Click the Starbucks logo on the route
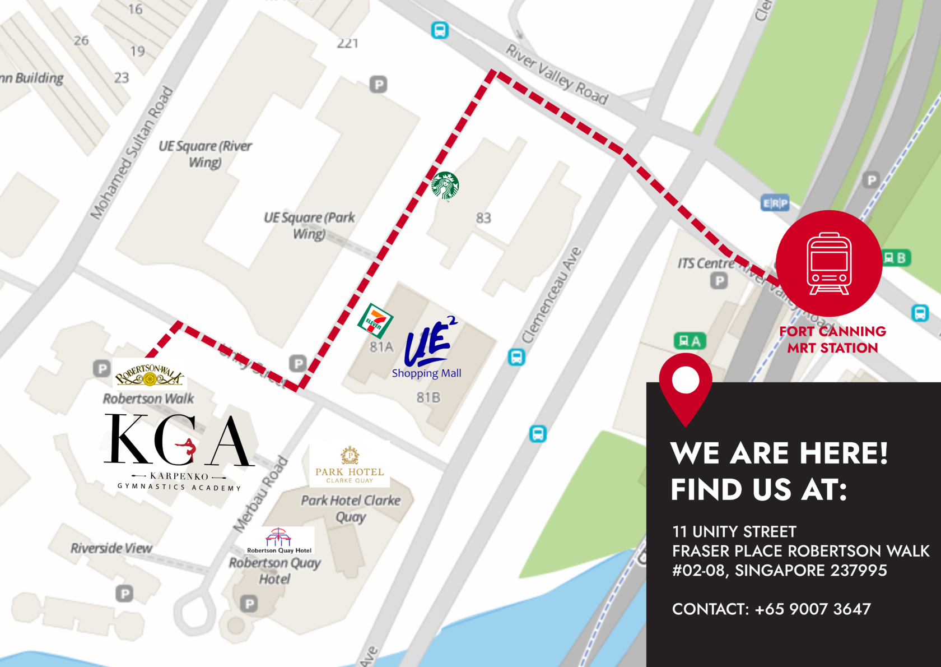click(445, 186)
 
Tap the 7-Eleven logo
click(375, 321)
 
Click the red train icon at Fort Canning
click(829, 263)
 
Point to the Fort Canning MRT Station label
click(832, 340)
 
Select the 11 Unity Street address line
click(734, 531)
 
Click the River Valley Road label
click(557, 75)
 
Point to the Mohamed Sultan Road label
click(132, 152)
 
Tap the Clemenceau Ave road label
click(552, 295)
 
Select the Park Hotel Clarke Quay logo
click(350, 465)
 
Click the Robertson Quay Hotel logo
click(279, 540)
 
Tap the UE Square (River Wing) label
click(205, 154)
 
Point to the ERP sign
click(775, 203)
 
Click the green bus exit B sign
click(896, 258)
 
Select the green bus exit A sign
click(690, 340)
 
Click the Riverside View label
click(111, 548)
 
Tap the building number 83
click(483, 217)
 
